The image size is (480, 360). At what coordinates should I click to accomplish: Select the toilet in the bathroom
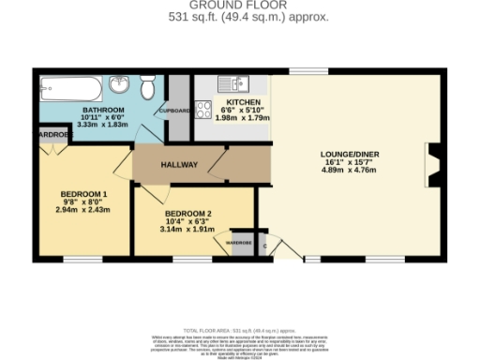[x=147, y=89]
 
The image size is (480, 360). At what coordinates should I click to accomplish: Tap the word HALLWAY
[x=178, y=165]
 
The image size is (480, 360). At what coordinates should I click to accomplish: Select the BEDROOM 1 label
[x=79, y=194]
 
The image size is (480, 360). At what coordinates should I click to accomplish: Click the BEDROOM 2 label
[x=187, y=213]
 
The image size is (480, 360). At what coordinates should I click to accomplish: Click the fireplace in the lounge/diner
[x=431, y=167]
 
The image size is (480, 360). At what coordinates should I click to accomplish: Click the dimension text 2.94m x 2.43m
[x=79, y=210]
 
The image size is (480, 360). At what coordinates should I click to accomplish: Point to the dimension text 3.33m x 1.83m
[x=97, y=125]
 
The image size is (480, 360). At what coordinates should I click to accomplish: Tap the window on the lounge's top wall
[x=301, y=72]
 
